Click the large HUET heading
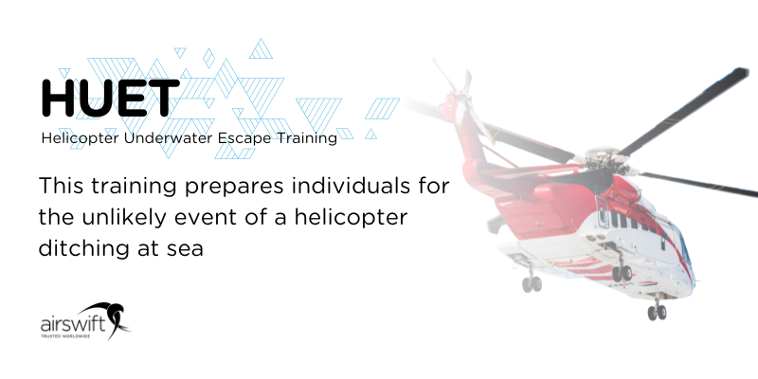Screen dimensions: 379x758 pos(110,97)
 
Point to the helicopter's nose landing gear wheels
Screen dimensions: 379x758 pos(655,310)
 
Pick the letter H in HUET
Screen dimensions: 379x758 pos(60,97)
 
